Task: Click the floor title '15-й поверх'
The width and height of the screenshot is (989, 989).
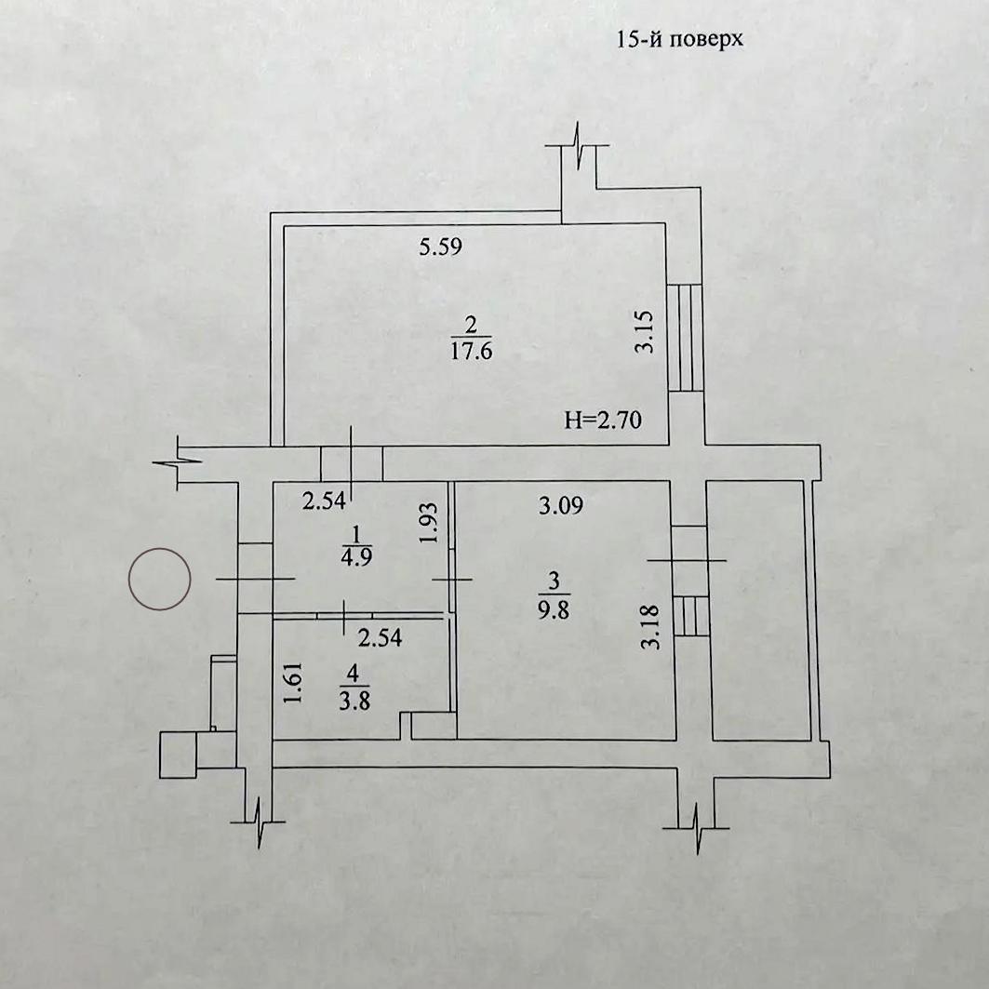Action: pos(679,40)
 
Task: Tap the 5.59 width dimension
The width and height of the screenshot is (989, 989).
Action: pos(440,246)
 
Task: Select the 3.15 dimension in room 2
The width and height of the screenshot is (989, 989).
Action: pos(645,332)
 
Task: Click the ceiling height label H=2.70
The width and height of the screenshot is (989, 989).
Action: pos(602,420)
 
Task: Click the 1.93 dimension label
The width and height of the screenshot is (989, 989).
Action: pos(428,523)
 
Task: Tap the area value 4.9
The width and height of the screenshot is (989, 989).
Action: pos(356,557)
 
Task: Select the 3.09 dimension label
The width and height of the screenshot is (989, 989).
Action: pos(561,505)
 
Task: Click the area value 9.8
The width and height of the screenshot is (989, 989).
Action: pos(554,610)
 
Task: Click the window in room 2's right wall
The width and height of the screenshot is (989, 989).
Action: pos(685,338)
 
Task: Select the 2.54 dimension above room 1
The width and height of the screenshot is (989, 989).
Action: pos(324,501)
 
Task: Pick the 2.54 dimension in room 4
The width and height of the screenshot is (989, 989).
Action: pos(380,637)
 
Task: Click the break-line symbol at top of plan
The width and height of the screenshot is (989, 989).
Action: pos(579,146)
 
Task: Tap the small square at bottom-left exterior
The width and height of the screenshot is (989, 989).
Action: pos(178,755)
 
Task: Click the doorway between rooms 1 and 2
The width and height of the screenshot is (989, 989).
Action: pos(352,463)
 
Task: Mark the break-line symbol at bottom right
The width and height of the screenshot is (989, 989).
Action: pos(696,827)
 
